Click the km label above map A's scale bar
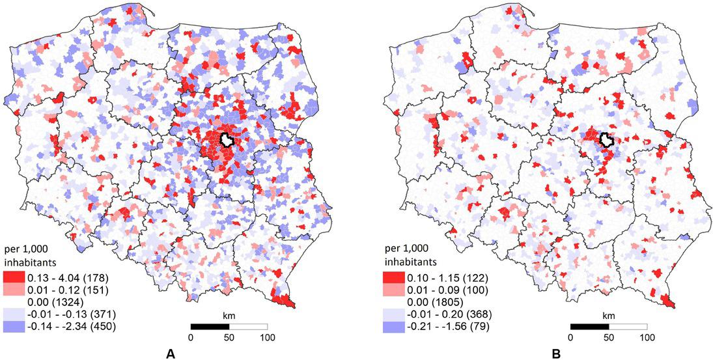tap(229, 315)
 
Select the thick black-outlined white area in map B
tap(606, 139)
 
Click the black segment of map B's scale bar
tap(589, 325)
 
